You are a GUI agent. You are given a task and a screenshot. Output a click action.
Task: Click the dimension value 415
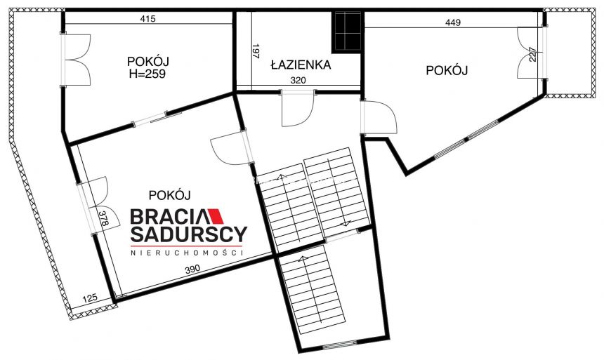tap(147, 19)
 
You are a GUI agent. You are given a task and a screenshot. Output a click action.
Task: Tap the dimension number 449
tap(453, 22)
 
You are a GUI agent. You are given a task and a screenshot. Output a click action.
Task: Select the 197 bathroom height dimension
tap(256, 52)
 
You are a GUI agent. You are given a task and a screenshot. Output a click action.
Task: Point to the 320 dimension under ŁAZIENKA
tap(298, 81)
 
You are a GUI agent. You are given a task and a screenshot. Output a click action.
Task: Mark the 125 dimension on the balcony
tap(90, 298)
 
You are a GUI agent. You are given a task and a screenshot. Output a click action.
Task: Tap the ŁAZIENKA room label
tap(301, 65)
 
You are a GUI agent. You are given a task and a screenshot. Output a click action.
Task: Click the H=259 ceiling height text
tap(147, 74)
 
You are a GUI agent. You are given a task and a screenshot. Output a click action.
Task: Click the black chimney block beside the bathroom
tap(347, 32)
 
